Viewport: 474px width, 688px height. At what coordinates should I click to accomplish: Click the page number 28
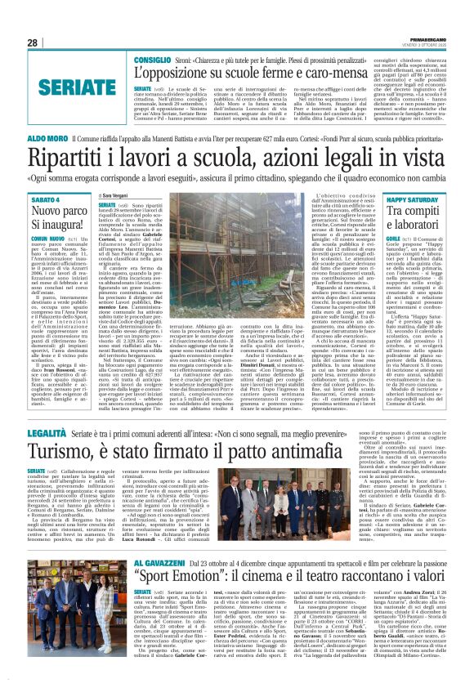[34, 42]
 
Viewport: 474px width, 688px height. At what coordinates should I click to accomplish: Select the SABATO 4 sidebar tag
[46, 199]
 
